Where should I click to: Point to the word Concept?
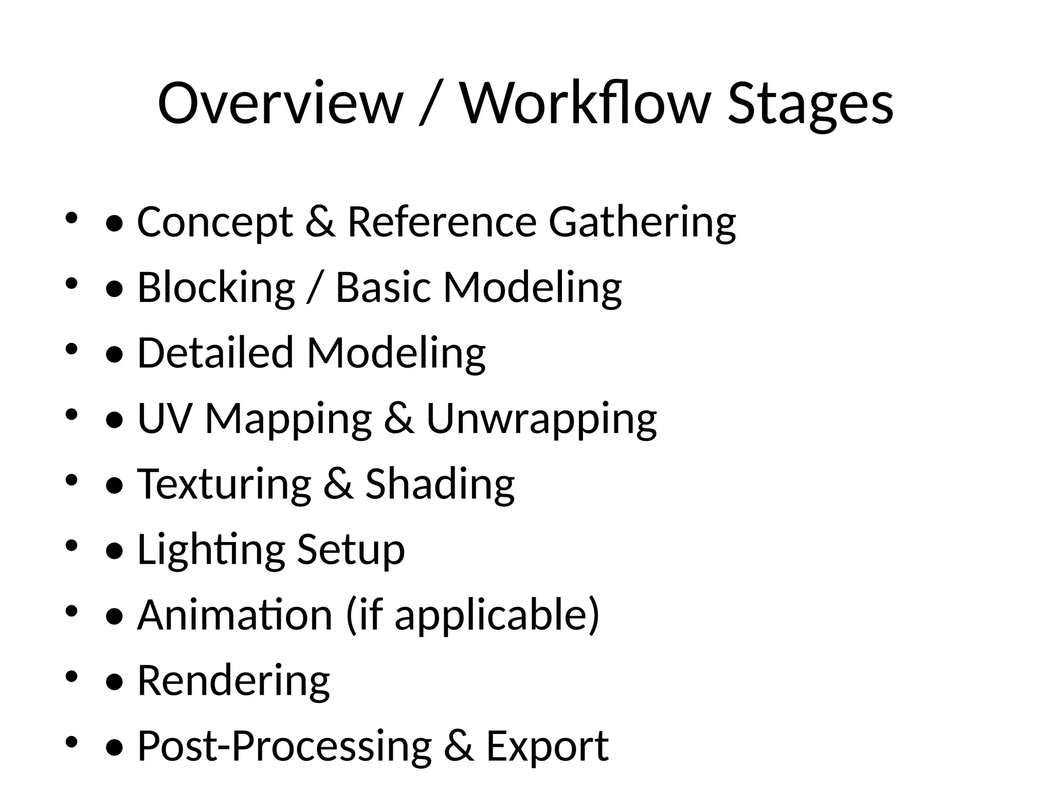coord(215,222)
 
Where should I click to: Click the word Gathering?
coord(642,222)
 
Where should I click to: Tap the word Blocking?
coord(216,288)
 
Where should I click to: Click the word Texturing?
coord(224,484)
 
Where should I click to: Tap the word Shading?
coord(440,484)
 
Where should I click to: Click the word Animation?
coord(235,615)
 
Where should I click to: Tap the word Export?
coord(547,746)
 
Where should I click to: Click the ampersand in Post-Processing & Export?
coord(459,746)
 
